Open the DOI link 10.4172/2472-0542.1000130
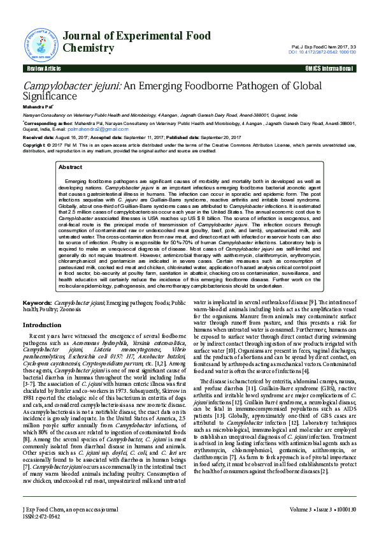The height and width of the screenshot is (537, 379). tap(322, 52)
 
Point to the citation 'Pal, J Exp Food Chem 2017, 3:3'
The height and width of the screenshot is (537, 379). tap(328, 47)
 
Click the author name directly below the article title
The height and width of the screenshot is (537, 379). tap(38, 107)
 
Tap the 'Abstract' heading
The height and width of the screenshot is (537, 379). tap(70, 166)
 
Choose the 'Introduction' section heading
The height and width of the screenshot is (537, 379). tap(42, 325)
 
